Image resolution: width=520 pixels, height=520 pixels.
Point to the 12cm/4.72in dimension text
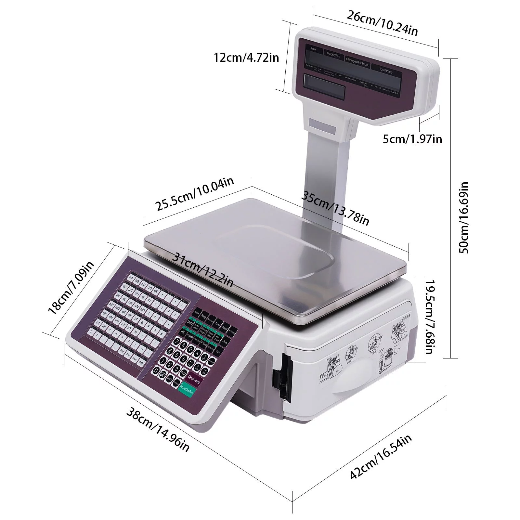[x=246, y=58]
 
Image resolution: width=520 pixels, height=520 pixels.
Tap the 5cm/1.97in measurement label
[x=412, y=139]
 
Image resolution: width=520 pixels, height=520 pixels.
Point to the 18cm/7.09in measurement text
[x=71, y=288]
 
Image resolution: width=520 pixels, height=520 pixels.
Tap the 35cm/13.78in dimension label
[x=335, y=208]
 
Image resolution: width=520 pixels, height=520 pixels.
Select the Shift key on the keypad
[x=189, y=323]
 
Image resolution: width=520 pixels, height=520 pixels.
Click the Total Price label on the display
[x=386, y=70]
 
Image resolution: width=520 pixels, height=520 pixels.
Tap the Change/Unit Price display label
[x=357, y=62]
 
